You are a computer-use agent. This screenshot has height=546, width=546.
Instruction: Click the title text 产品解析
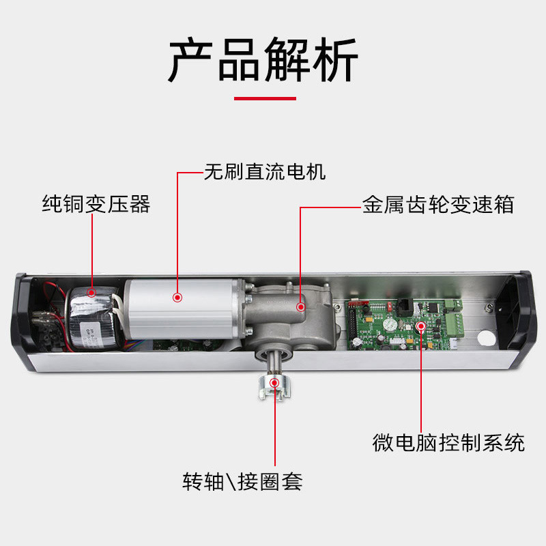[263, 61]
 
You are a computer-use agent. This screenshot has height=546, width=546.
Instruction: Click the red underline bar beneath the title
[265, 98]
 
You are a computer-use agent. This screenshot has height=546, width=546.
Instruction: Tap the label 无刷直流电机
[265, 172]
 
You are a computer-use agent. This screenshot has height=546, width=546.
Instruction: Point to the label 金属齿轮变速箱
[437, 205]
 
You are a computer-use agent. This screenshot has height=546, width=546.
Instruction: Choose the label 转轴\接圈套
[242, 482]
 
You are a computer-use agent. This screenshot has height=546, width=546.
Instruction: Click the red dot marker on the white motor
[177, 297]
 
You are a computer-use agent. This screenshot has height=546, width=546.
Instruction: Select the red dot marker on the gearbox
[300, 307]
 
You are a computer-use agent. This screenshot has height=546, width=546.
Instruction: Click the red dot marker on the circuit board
[420, 326]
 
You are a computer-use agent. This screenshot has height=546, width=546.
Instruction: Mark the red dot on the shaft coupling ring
[274, 382]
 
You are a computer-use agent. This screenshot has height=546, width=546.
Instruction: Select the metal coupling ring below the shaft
[274, 388]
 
